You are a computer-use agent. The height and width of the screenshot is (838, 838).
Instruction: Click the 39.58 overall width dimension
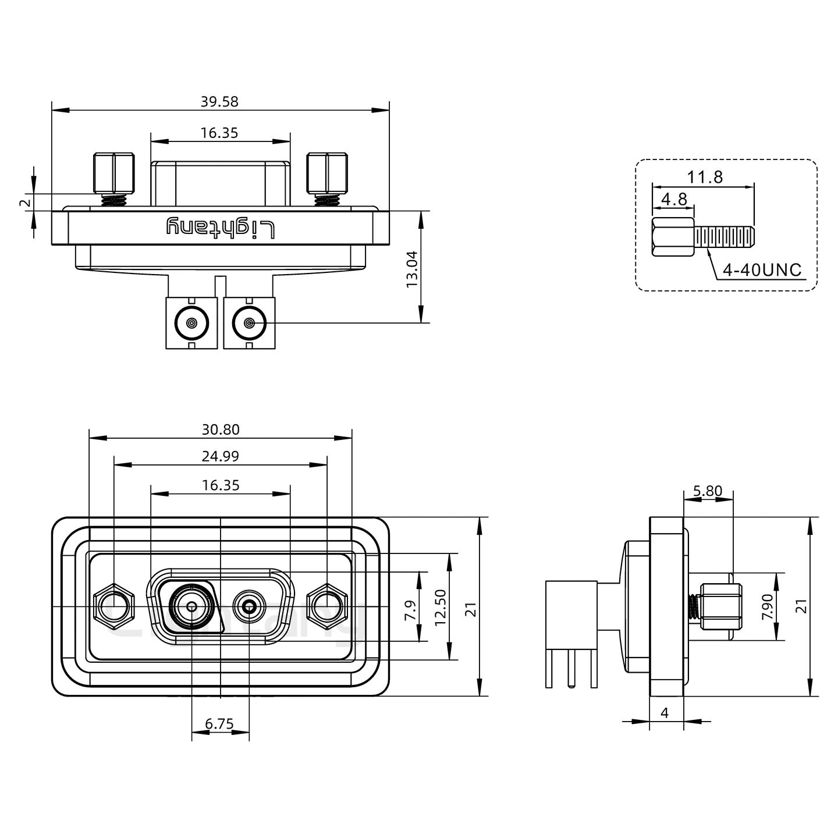pyautogui.click(x=219, y=102)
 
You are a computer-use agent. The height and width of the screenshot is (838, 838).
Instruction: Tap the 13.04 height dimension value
pyautogui.click(x=412, y=268)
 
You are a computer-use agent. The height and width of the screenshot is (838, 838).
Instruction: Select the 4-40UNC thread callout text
pyautogui.click(x=761, y=270)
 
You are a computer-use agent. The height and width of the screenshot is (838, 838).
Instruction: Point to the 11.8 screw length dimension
pyautogui.click(x=705, y=177)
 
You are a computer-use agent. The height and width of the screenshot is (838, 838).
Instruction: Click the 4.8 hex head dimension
pyautogui.click(x=674, y=200)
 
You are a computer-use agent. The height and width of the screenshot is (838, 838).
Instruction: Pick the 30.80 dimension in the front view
pyautogui.click(x=221, y=429)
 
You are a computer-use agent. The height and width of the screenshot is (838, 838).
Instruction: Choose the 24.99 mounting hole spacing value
pyautogui.click(x=221, y=456)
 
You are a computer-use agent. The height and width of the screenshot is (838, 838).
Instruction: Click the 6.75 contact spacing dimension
pyautogui.click(x=219, y=724)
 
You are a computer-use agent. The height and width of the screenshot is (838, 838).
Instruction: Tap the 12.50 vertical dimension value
pyautogui.click(x=441, y=607)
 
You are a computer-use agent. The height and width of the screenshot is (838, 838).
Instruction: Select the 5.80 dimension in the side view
pyautogui.click(x=708, y=491)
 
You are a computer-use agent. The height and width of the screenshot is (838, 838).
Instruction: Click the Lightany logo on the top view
pyautogui.click(x=220, y=228)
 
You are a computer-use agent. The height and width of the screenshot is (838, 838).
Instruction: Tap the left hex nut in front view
pyautogui.click(x=113, y=608)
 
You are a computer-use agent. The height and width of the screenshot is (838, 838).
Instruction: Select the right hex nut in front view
pyautogui.click(x=326, y=608)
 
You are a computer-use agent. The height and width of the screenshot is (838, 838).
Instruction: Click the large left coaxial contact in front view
pyautogui.click(x=191, y=608)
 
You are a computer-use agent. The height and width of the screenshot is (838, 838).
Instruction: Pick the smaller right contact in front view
pyautogui.click(x=250, y=608)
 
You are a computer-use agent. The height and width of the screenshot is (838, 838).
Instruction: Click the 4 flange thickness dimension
pyautogui.click(x=665, y=712)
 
